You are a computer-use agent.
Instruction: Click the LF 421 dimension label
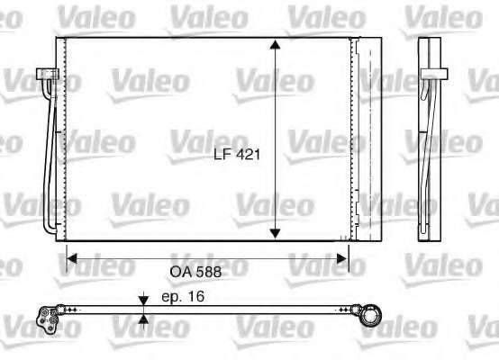[x=237, y=155]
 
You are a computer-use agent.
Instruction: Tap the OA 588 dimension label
[x=195, y=272]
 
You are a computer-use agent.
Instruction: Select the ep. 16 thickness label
[x=183, y=296]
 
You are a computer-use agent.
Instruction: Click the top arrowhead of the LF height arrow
[x=275, y=44]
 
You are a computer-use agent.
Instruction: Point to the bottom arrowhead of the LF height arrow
[x=275, y=233]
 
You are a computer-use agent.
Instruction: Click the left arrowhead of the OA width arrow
[x=72, y=258]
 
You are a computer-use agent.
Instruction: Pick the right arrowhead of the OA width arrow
[x=342, y=258]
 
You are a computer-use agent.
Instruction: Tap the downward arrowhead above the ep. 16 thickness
[x=143, y=301]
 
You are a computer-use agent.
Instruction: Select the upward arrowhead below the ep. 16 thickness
[x=143, y=319]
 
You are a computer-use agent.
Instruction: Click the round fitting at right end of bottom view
[x=371, y=316]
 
